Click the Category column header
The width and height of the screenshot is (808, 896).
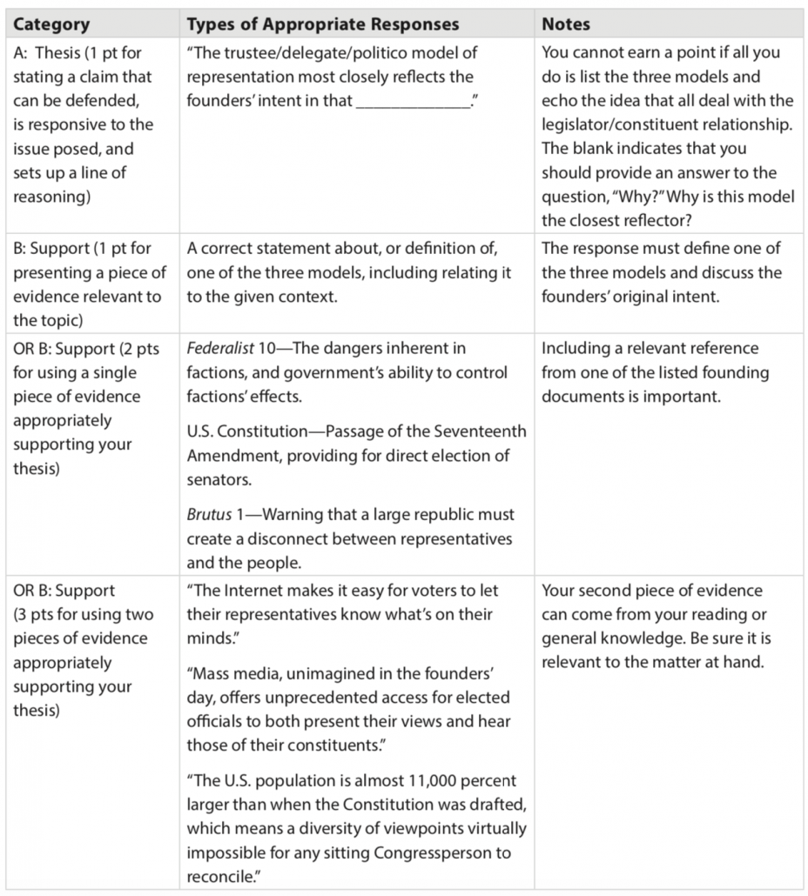click(x=51, y=24)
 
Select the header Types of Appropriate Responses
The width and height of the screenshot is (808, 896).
click(x=323, y=24)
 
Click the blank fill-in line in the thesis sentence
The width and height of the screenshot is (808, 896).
click(x=414, y=101)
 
